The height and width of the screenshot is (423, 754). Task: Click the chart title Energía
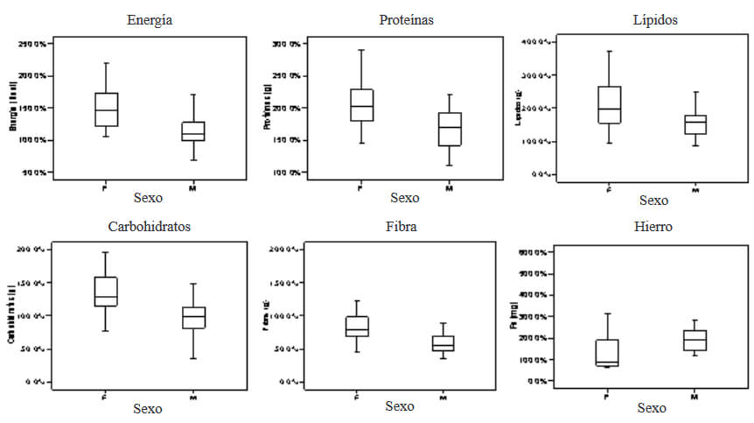149,20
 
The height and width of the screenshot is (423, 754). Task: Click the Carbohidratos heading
149,226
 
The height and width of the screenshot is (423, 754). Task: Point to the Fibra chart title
401,226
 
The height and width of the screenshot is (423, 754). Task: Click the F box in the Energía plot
106,109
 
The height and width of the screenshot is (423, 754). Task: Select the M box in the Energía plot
192,130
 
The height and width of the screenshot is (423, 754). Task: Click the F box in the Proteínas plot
361,105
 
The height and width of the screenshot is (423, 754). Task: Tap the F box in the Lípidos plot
610,105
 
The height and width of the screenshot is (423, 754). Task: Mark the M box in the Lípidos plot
695,124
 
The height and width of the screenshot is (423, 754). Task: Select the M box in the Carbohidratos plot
193,318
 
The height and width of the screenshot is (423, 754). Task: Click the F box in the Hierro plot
608,352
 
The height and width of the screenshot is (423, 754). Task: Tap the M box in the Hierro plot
695,340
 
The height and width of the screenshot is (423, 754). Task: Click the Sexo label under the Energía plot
149,198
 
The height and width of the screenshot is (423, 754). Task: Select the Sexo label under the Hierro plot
651,408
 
